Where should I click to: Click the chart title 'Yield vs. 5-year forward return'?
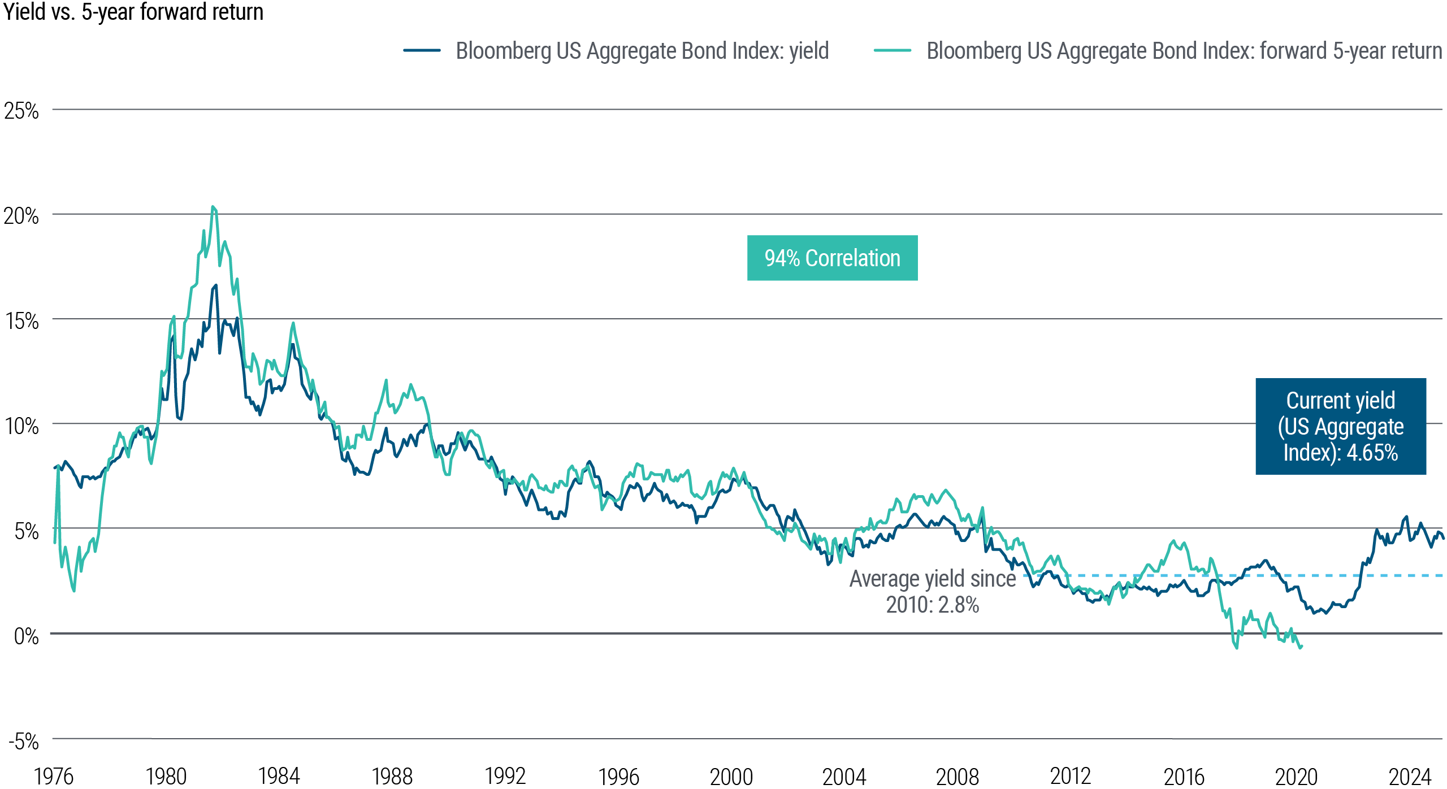point(133,12)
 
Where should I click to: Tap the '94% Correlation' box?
point(832,258)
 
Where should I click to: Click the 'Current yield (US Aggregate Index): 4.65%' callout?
point(1340,426)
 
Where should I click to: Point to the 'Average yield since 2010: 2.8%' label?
point(932,591)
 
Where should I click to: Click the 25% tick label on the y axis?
point(21,111)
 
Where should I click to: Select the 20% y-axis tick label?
point(21,216)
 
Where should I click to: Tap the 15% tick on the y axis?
point(21,321)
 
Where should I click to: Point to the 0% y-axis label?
point(26,636)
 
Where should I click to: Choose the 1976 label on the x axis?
point(54,777)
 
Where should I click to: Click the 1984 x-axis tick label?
point(279,777)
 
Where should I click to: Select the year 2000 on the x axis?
point(731,777)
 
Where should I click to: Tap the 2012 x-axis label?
point(1070,777)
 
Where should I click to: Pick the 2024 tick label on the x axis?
point(1410,777)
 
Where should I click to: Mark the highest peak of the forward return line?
point(213,207)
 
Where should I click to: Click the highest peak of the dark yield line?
point(215,285)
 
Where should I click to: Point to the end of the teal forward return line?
point(1301,647)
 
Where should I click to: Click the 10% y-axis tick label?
point(21,426)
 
